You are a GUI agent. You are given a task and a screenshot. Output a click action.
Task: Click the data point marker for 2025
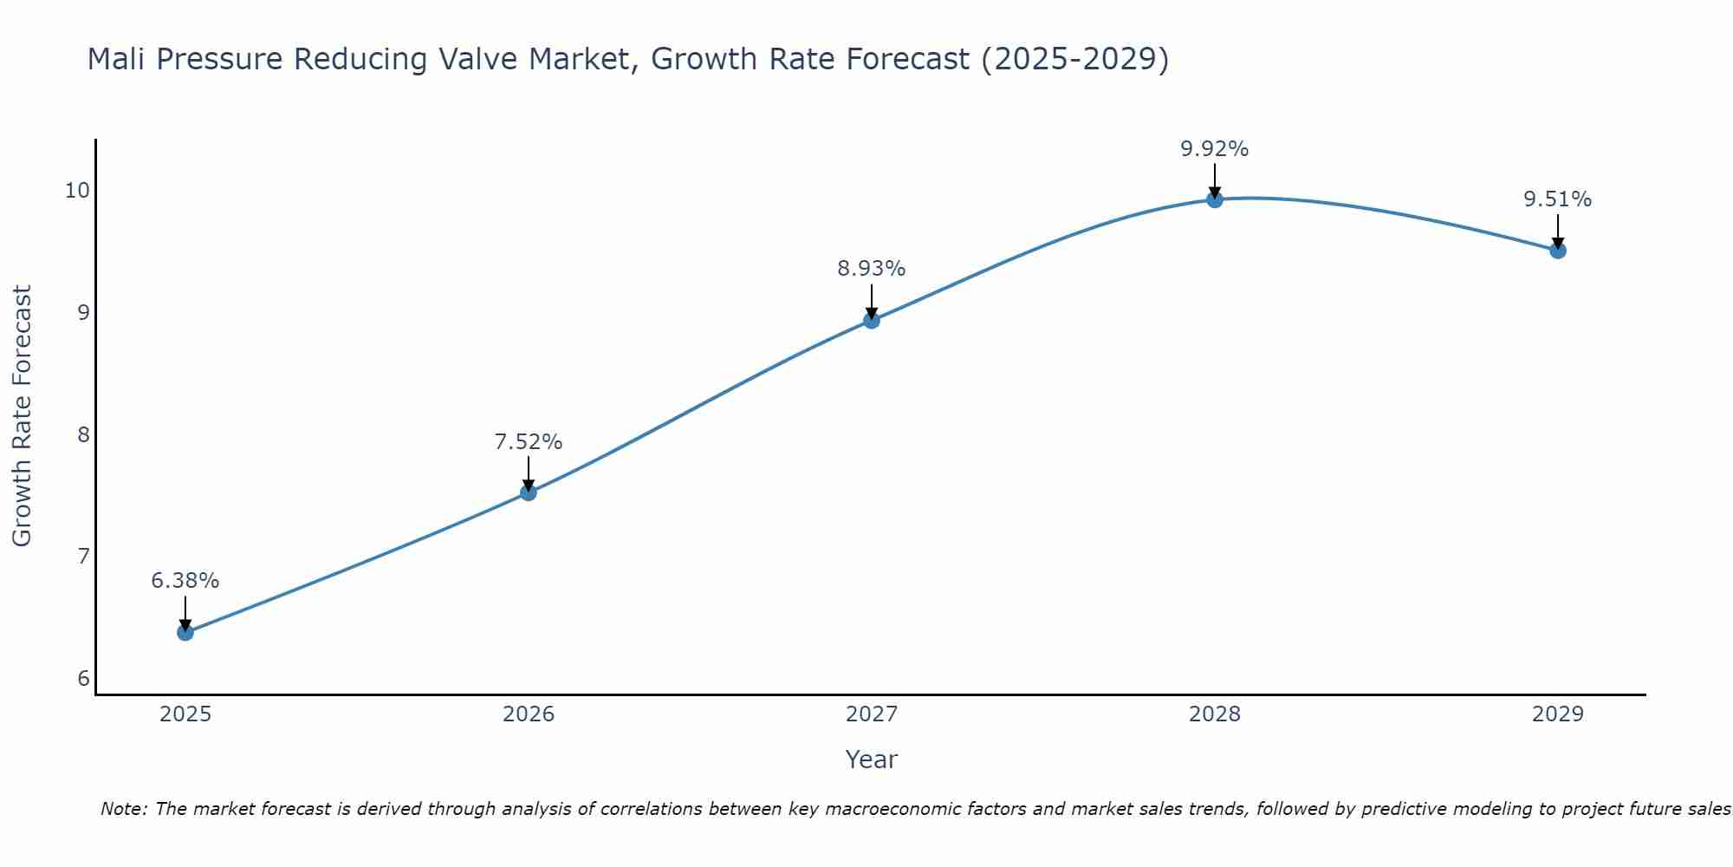[185, 632]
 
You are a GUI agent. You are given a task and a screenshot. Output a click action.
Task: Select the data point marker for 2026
[529, 492]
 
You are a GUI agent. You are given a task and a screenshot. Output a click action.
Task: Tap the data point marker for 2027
[872, 321]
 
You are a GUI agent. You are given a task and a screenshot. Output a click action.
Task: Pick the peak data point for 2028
[1215, 199]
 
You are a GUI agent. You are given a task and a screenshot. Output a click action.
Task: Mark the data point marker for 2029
[1558, 251]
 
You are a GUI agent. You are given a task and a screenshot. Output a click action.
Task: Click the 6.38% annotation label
[185, 581]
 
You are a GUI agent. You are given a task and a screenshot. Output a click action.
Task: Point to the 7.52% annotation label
[529, 442]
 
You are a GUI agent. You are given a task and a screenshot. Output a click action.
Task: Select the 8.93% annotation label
[872, 269]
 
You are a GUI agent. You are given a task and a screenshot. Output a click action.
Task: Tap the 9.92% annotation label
[1215, 149]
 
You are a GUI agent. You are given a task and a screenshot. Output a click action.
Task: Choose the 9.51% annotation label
[1558, 199]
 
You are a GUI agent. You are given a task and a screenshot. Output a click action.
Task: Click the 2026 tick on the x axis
[529, 714]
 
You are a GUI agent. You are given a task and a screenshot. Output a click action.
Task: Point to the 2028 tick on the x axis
[1215, 714]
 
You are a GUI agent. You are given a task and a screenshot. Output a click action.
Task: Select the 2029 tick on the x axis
[1558, 714]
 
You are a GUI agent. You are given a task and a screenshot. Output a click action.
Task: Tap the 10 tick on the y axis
[77, 190]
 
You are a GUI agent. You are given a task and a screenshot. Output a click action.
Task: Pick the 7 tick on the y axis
[83, 556]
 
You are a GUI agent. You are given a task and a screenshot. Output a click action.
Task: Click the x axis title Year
[872, 759]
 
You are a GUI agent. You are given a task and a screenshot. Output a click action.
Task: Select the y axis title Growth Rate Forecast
[23, 416]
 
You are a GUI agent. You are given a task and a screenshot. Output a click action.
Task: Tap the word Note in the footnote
[124, 809]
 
